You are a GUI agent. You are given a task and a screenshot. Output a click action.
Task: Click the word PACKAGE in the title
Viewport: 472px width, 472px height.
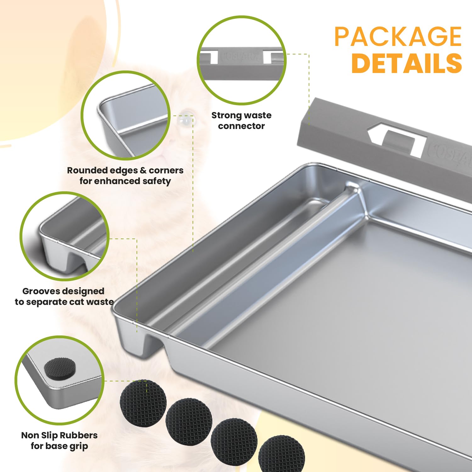(398, 37)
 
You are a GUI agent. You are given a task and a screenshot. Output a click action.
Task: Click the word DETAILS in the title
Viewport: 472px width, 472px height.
(407, 63)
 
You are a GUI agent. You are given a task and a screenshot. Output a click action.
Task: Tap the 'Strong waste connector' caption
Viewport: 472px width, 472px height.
(241, 121)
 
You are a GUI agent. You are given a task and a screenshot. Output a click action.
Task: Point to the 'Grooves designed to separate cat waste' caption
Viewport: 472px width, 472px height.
(64, 296)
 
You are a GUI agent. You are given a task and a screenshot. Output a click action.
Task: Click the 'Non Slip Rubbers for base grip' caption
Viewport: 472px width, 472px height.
(59, 441)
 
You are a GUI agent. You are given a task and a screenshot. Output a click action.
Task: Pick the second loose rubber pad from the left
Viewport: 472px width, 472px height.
(189, 421)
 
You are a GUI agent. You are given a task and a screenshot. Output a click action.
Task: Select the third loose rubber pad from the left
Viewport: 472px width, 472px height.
(234, 441)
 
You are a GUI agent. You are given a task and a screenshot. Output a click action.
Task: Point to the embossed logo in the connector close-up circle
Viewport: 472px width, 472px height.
(241, 57)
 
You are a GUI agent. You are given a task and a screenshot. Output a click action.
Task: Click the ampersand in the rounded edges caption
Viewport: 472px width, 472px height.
(143, 171)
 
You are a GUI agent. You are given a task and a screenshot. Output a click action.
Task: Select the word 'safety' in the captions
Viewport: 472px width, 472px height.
(156, 181)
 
